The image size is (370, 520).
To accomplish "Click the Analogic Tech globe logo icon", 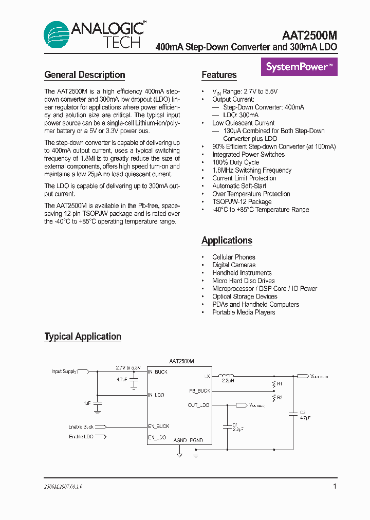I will coord(56,35).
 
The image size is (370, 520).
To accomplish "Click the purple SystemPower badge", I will coord(299,66).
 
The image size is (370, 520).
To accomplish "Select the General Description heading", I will coord(85,75).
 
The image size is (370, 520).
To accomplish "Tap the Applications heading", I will coord(227,240).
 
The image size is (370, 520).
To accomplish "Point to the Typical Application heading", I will coord(83,337).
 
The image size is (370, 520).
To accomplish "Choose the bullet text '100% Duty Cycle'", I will coord(236,162).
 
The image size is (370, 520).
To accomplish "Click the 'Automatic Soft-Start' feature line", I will coord(239,186).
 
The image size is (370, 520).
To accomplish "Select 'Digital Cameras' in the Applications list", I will coord(234,265).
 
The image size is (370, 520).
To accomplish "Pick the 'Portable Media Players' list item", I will coord(244,312).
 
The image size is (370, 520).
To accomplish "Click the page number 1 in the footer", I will coord(335,486).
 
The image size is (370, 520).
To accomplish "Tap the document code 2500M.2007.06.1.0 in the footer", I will coord(63,487).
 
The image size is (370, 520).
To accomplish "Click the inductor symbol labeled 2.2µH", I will coord(228,376).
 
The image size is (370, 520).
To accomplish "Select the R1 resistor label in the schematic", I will coord(279,384).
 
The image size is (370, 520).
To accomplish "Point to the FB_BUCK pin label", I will coord(200,391).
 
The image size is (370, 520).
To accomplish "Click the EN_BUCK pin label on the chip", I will coord(159,426).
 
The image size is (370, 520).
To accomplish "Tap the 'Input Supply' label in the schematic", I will coord(64,371).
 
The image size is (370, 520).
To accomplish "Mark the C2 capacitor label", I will coord(303,413).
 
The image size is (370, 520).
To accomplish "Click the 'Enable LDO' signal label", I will coord(81,437).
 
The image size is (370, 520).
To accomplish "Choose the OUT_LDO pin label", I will coord(199,405).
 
